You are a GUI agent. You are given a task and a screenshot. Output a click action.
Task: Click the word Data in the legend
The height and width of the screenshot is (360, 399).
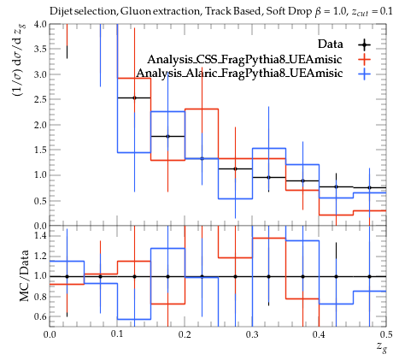(x=331, y=44)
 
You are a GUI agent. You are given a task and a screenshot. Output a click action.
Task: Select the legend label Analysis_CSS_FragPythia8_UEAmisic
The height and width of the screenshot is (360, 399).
(x=244, y=59)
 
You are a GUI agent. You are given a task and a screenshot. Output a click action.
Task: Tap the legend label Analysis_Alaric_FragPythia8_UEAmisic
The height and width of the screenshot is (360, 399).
(x=239, y=73)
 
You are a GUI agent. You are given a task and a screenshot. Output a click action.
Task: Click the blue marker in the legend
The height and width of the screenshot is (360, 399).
(x=364, y=74)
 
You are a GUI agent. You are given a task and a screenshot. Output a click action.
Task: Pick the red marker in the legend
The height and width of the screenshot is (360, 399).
(x=364, y=59)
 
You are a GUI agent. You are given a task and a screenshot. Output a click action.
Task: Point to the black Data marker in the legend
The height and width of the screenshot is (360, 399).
(x=364, y=44)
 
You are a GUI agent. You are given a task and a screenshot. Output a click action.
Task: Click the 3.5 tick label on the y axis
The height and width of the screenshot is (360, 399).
(x=40, y=49)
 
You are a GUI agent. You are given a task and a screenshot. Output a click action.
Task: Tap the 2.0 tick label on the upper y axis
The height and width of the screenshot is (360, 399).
(x=40, y=125)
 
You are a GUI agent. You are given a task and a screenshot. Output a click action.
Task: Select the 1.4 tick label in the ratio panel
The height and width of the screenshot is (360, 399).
(x=40, y=235)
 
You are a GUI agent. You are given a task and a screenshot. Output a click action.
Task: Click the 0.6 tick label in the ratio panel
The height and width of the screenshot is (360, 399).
(x=40, y=316)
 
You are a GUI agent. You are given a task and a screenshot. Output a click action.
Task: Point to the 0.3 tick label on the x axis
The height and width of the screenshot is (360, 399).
(x=252, y=334)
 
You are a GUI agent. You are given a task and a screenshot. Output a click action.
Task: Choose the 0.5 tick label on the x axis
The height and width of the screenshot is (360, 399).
(x=386, y=334)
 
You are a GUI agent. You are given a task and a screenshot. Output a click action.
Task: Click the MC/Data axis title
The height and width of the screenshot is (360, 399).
(x=24, y=276)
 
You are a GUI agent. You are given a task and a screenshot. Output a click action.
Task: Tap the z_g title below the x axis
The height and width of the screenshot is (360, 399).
(x=382, y=347)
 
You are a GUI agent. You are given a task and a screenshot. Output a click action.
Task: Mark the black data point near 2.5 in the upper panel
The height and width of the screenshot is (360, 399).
(x=134, y=97)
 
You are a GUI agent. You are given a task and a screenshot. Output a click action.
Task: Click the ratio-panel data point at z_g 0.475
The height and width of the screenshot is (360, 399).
(x=369, y=276)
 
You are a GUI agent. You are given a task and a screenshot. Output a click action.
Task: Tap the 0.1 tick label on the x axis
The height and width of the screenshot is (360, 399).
(x=117, y=334)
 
